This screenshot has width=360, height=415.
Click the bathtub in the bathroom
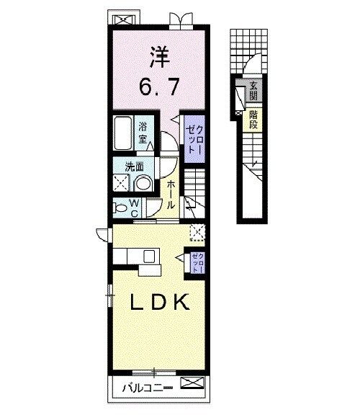tap(123, 133)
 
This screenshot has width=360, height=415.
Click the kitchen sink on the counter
tap(150, 256)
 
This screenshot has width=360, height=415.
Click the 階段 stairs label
tap(254, 119)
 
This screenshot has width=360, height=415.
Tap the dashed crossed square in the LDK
tap(197, 231)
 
